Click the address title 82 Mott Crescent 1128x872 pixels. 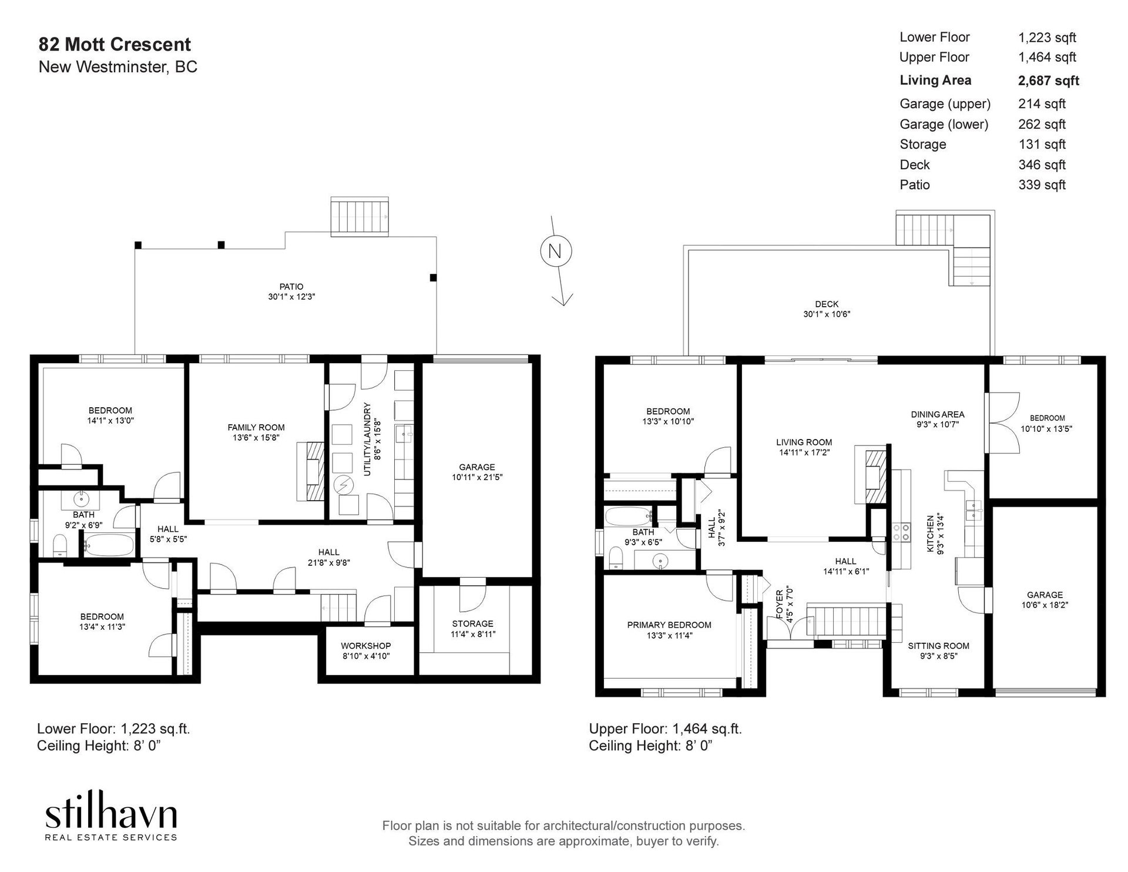(115, 45)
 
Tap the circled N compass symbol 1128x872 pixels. (555, 251)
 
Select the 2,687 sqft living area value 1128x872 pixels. (1049, 81)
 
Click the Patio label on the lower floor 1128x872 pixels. (291, 287)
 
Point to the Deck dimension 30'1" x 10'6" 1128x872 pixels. (827, 314)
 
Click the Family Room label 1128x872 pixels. (256, 428)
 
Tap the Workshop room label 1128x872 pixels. (365, 646)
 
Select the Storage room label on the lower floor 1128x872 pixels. (472, 623)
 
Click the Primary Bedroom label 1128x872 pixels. (669, 625)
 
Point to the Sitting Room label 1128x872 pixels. (938, 646)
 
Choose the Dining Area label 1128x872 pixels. (938, 414)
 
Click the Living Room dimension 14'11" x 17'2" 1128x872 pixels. (804, 452)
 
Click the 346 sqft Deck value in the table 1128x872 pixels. (1042, 165)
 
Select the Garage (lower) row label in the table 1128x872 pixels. (944, 125)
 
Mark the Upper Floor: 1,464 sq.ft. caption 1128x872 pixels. (665, 729)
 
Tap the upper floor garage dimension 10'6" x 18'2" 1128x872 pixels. (1045, 604)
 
